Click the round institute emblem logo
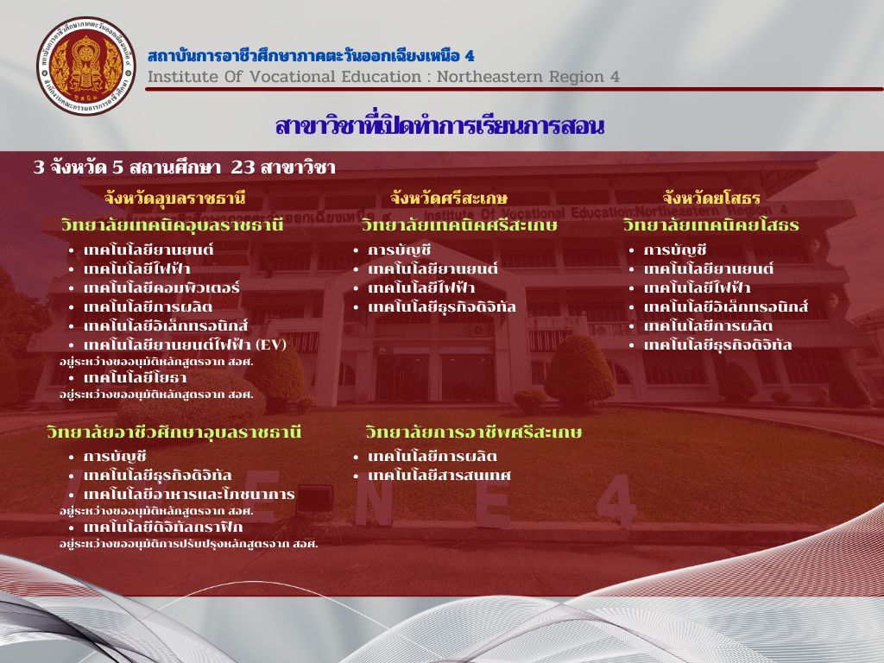click(x=86, y=66)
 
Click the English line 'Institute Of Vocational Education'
click(x=284, y=77)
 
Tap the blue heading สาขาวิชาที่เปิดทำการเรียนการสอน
click(x=439, y=126)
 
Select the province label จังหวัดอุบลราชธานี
click(x=174, y=199)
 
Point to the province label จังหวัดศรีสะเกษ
click(x=449, y=199)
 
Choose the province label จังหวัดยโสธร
click(x=711, y=199)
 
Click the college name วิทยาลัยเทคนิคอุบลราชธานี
click(x=172, y=225)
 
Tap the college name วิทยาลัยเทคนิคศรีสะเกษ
click(x=459, y=225)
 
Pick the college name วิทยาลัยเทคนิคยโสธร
click(x=711, y=225)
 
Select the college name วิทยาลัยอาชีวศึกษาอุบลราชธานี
click(x=174, y=433)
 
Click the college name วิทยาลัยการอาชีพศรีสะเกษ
click(x=474, y=433)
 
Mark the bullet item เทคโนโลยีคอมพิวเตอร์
click(x=161, y=288)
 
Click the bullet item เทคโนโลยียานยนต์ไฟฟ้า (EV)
click(x=185, y=344)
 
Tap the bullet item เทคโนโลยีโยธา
click(x=136, y=378)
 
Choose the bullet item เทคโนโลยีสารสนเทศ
click(x=439, y=476)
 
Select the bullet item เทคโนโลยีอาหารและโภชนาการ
click(x=189, y=495)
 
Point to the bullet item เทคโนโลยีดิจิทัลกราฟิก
click(x=163, y=527)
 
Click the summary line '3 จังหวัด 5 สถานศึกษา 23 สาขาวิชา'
click(x=185, y=167)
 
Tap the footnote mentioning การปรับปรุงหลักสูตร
click(x=189, y=544)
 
